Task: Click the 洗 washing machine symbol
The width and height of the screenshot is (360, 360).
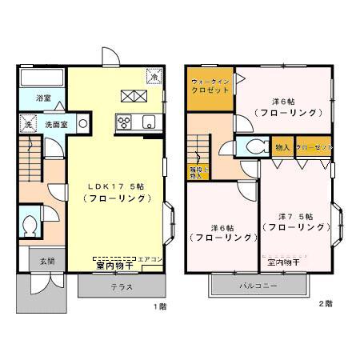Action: click(26, 126)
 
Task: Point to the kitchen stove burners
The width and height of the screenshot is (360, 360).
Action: click(125, 122)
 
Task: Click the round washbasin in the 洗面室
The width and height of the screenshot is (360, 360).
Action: click(82, 125)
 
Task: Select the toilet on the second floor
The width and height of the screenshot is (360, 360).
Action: click(255, 146)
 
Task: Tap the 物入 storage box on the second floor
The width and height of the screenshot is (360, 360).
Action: click(282, 147)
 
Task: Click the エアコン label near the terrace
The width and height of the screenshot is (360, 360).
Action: click(151, 259)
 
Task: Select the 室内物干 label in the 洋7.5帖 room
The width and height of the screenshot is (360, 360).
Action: click(283, 262)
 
